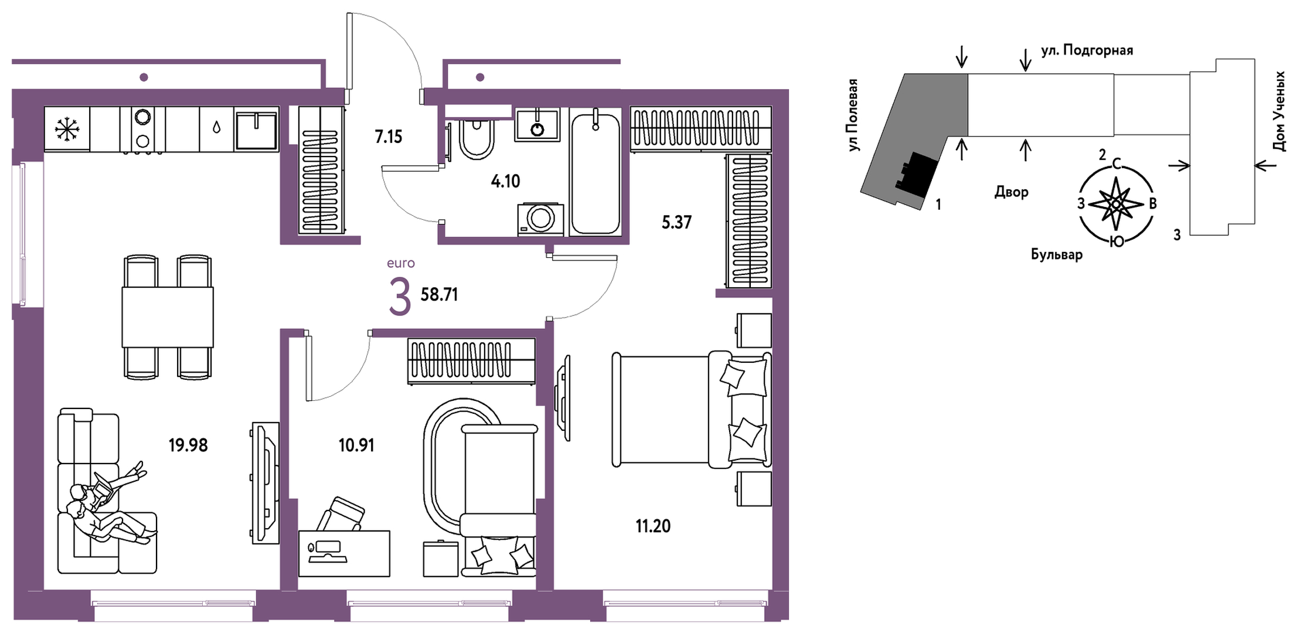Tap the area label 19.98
(188, 445)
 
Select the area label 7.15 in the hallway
(389, 137)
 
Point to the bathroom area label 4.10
(505, 181)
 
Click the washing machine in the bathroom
(540, 220)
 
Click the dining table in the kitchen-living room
(168, 317)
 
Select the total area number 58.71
(439, 294)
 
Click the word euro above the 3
(401, 263)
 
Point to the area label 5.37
(676, 222)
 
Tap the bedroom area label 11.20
(653, 526)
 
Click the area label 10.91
(356, 445)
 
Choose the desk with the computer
(344, 553)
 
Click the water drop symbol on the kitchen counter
(217, 127)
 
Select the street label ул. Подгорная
(1087, 51)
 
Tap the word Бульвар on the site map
(1057, 254)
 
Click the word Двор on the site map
(1011, 192)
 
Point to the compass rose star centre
(1117, 203)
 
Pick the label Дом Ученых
(1279, 112)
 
